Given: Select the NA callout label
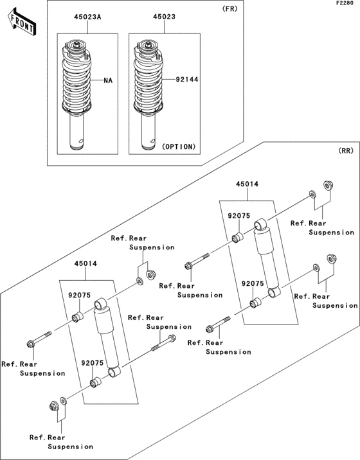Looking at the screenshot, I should pyautogui.click(x=109, y=81).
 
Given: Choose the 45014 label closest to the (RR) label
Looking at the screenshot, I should pyautogui.click(x=246, y=184).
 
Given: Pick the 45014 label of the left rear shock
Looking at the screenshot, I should pyautogui.click(x=85, y=263).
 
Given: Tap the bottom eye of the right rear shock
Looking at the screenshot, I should pyautogui.click(x=274, y=293).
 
